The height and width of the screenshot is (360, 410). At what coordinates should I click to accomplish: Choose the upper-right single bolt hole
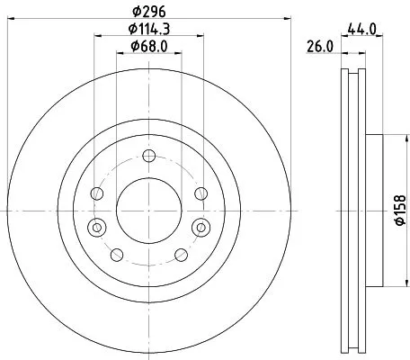tap(199, 193)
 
